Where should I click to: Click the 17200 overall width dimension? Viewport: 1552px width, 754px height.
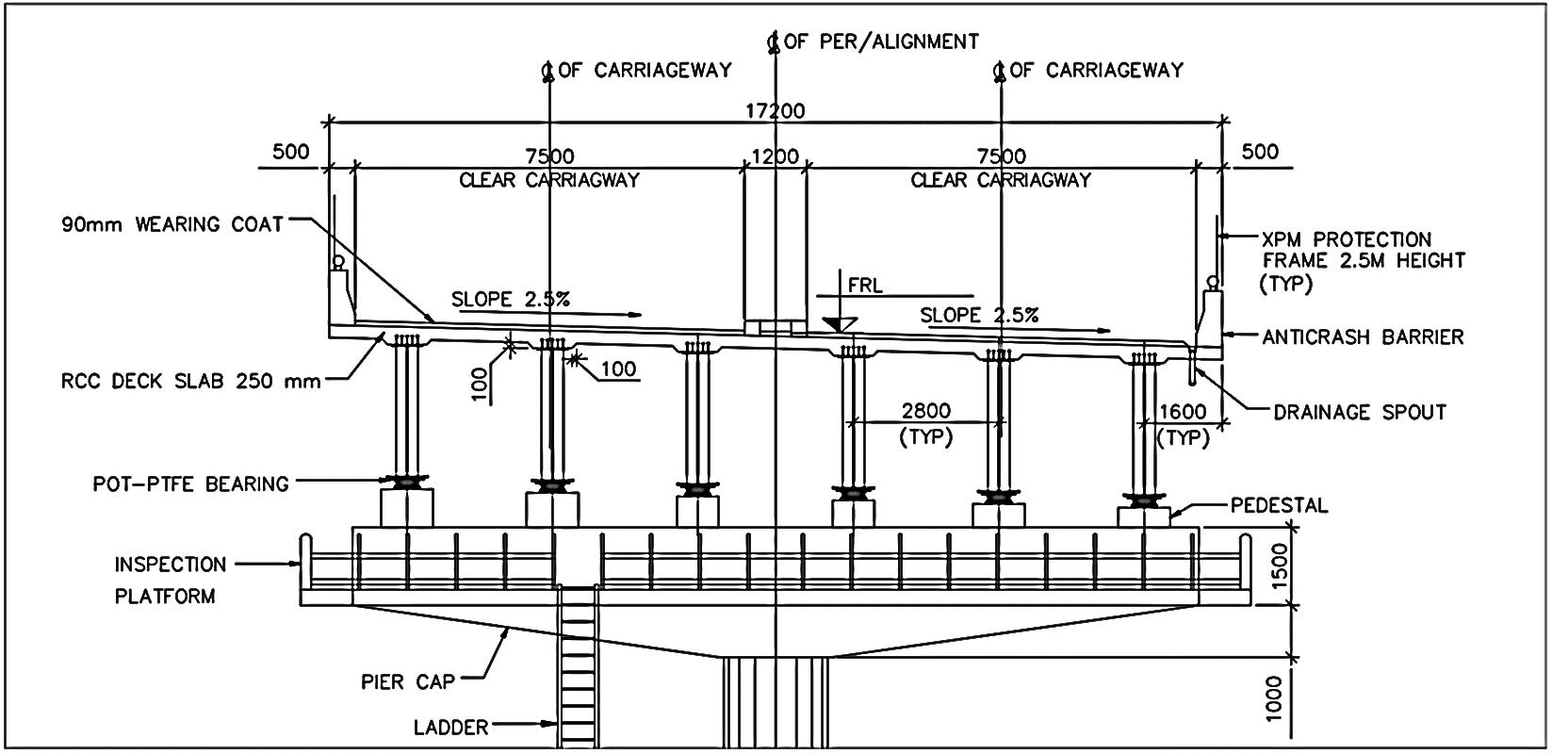[x=775, y=111]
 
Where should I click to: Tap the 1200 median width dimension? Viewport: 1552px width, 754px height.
[x=775, y=156]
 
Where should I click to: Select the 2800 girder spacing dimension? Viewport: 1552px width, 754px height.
[x=925, y=411]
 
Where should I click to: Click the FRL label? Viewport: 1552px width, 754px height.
[x=865, y=286]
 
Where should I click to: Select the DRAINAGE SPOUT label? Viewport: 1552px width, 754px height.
[x=1359, y=412]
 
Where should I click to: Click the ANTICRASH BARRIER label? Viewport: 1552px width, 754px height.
[x=1363, y=336]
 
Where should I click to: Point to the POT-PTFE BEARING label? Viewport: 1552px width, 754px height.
[x=190, y=484]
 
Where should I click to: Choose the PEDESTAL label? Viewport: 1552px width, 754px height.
[x=1279, y=506]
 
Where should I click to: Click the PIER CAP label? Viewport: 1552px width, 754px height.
[x=408, y=680]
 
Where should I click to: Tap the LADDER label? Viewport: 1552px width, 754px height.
[x=450, y=727]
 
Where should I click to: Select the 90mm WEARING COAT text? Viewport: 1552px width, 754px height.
[x=172, y=224]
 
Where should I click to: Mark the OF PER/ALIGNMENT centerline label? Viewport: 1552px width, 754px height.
[x=881, y=41]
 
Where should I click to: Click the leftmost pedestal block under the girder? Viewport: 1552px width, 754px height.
[x=407, y=507]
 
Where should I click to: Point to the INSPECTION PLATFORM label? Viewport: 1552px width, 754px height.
[x=170, y=580]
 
